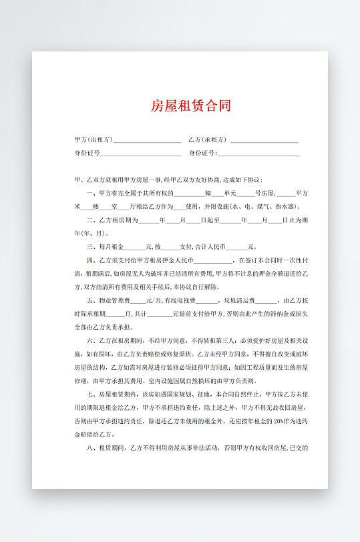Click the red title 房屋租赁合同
tap(191, 105)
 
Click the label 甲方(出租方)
tap(93, 140)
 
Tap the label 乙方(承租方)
tap(208, 140)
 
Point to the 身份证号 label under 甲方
tap(87, 154)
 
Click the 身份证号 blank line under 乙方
tap(258, 154)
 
